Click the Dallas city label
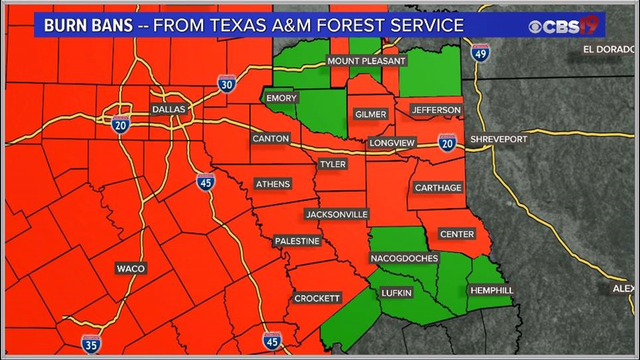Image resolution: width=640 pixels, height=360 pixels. click(168, 109)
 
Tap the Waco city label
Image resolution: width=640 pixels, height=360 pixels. click(131, 268)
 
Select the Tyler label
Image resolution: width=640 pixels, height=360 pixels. click(333, 164)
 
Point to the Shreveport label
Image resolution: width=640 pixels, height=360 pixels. click(499, 139)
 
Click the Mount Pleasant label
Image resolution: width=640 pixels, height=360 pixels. click(366, 61)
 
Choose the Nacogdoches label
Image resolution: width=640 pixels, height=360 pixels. click(404, 258)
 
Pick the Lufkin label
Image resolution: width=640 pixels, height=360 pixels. click(396, 293)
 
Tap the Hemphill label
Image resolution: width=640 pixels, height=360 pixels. click(492, 290)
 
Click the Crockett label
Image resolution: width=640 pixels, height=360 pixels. click(317, 298)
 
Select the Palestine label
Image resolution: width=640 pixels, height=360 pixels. click(297, 241)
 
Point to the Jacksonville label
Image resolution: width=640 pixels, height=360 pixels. click(337, 214)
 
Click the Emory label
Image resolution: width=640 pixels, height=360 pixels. click(281, 98)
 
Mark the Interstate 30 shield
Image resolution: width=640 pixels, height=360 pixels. click(227, 84)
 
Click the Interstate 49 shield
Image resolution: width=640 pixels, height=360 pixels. click(480, 53)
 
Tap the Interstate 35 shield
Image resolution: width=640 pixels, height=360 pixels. click(91, 344)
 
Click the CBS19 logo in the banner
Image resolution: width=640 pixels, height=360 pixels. click(564, 26)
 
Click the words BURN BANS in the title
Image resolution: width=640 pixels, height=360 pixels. click(88, 25)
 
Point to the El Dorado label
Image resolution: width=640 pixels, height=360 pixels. click(608, 50)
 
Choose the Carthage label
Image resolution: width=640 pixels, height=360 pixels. click(438, 188)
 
